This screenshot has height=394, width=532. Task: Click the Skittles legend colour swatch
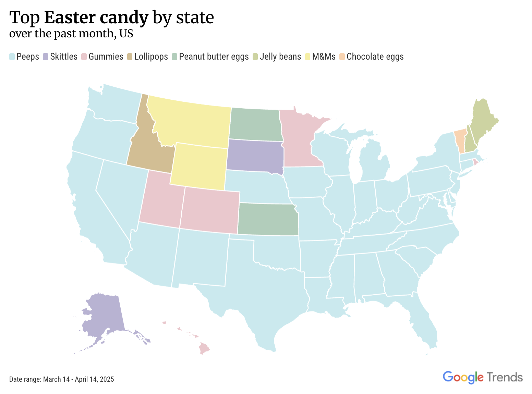pos(46,57)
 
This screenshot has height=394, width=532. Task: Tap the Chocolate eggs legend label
pos(375,57)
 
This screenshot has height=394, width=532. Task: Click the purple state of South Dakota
pos(254,155)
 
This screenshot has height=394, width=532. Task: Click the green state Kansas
pos(267,219)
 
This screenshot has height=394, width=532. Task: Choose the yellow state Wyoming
pos(199,166)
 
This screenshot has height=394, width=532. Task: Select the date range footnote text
pos(62,379)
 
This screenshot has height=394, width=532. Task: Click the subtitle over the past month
pos(71,34)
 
